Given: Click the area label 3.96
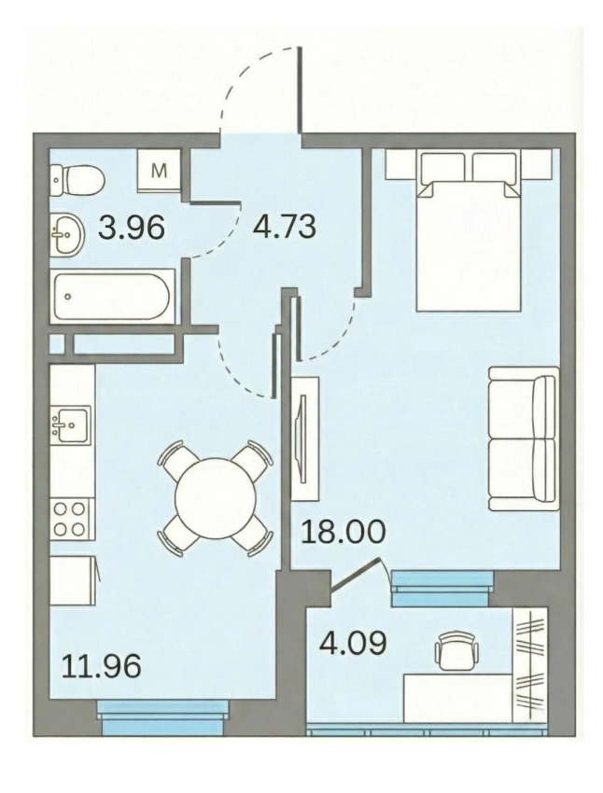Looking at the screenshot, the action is (x=132, y=227).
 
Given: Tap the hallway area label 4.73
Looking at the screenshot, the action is (x=285, y=226).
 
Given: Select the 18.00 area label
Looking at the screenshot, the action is (x=343, y=531).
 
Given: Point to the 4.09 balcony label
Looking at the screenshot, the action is (x=353, y=642).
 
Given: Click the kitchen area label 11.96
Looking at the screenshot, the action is (x=101, y=665).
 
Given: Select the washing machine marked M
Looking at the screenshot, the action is (x=159, y=171).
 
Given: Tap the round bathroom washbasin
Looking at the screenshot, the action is (x=67, y=233).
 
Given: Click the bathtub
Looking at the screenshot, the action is (x=112, y=297).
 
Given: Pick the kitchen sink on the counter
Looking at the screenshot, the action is (x=70, y=424).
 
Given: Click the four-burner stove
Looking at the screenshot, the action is (x=72, y=519).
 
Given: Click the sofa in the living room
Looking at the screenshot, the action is (x=524, y=438).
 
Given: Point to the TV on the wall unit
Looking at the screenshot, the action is (x=302, y=438).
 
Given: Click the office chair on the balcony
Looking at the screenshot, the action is (x=456, y=651).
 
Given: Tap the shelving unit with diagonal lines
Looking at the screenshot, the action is (x=530, y=665).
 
